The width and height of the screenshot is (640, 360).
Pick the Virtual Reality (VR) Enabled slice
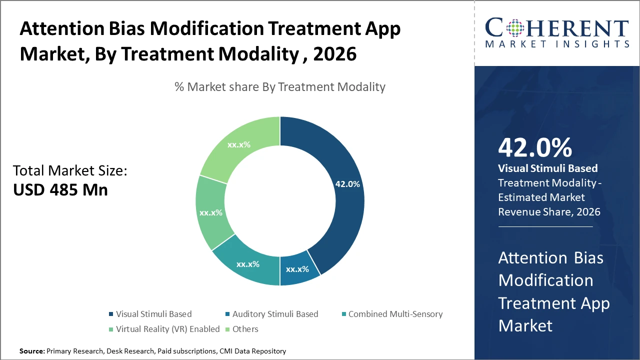[x=211, y=212]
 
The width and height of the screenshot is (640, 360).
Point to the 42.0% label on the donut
[x=347, y=184]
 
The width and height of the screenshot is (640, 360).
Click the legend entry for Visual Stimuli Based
[x=153, y=314]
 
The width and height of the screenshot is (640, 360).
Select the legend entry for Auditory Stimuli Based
[x=275, y=314]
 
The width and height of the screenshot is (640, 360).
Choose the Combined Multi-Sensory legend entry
[x=395, y=314]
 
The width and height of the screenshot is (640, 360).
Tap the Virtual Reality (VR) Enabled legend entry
[x=167, y=329]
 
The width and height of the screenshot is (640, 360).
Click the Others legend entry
[x=245, y=329]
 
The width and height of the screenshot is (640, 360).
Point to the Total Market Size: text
[x=70, y=170]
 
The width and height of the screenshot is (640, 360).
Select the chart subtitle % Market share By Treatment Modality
[x=280, y=87]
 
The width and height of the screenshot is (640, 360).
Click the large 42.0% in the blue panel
[x=534, y=147]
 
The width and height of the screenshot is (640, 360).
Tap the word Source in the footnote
[x=31, y=351]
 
